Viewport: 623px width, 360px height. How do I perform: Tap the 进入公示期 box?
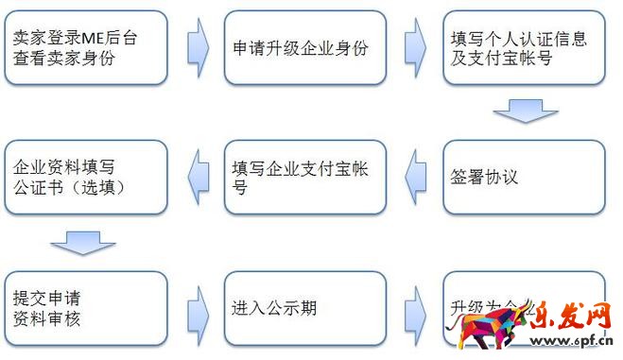304,308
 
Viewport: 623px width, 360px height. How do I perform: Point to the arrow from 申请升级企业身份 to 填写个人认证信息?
415,46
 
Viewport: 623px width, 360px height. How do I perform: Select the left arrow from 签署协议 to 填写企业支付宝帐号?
415,176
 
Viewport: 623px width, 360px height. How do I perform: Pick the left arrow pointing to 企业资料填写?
197,176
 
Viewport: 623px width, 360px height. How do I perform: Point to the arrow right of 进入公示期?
415,308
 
